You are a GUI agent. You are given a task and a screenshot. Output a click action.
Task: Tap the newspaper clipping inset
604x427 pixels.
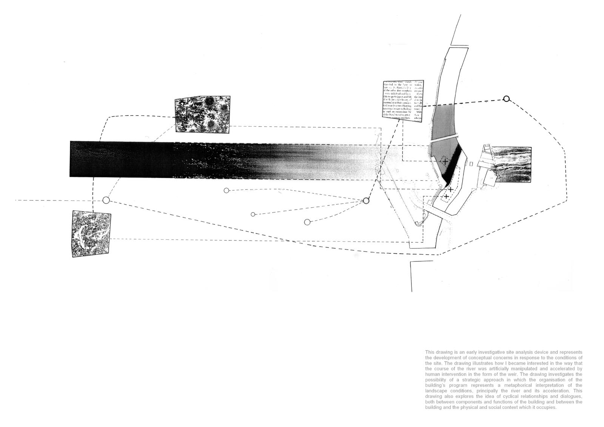click(402, 101)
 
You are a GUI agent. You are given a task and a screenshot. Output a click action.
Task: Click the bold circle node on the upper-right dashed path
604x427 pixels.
click(507, 99)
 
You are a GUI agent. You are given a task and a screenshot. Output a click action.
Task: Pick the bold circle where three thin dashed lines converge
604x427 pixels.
click(365, 201)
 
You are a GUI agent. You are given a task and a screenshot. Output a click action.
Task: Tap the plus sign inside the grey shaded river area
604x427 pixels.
click(445, 162)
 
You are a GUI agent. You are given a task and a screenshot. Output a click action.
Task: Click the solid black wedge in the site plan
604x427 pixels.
click(453, 166)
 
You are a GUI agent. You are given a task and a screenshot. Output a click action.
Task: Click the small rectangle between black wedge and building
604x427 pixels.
click(471, 163)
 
